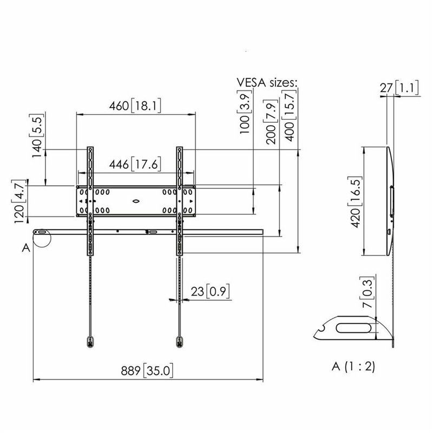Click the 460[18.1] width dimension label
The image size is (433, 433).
point(135,106)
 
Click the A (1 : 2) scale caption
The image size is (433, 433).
point(352,366)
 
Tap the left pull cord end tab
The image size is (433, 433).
point(89,341)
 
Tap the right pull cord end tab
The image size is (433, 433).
point(179,341)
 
